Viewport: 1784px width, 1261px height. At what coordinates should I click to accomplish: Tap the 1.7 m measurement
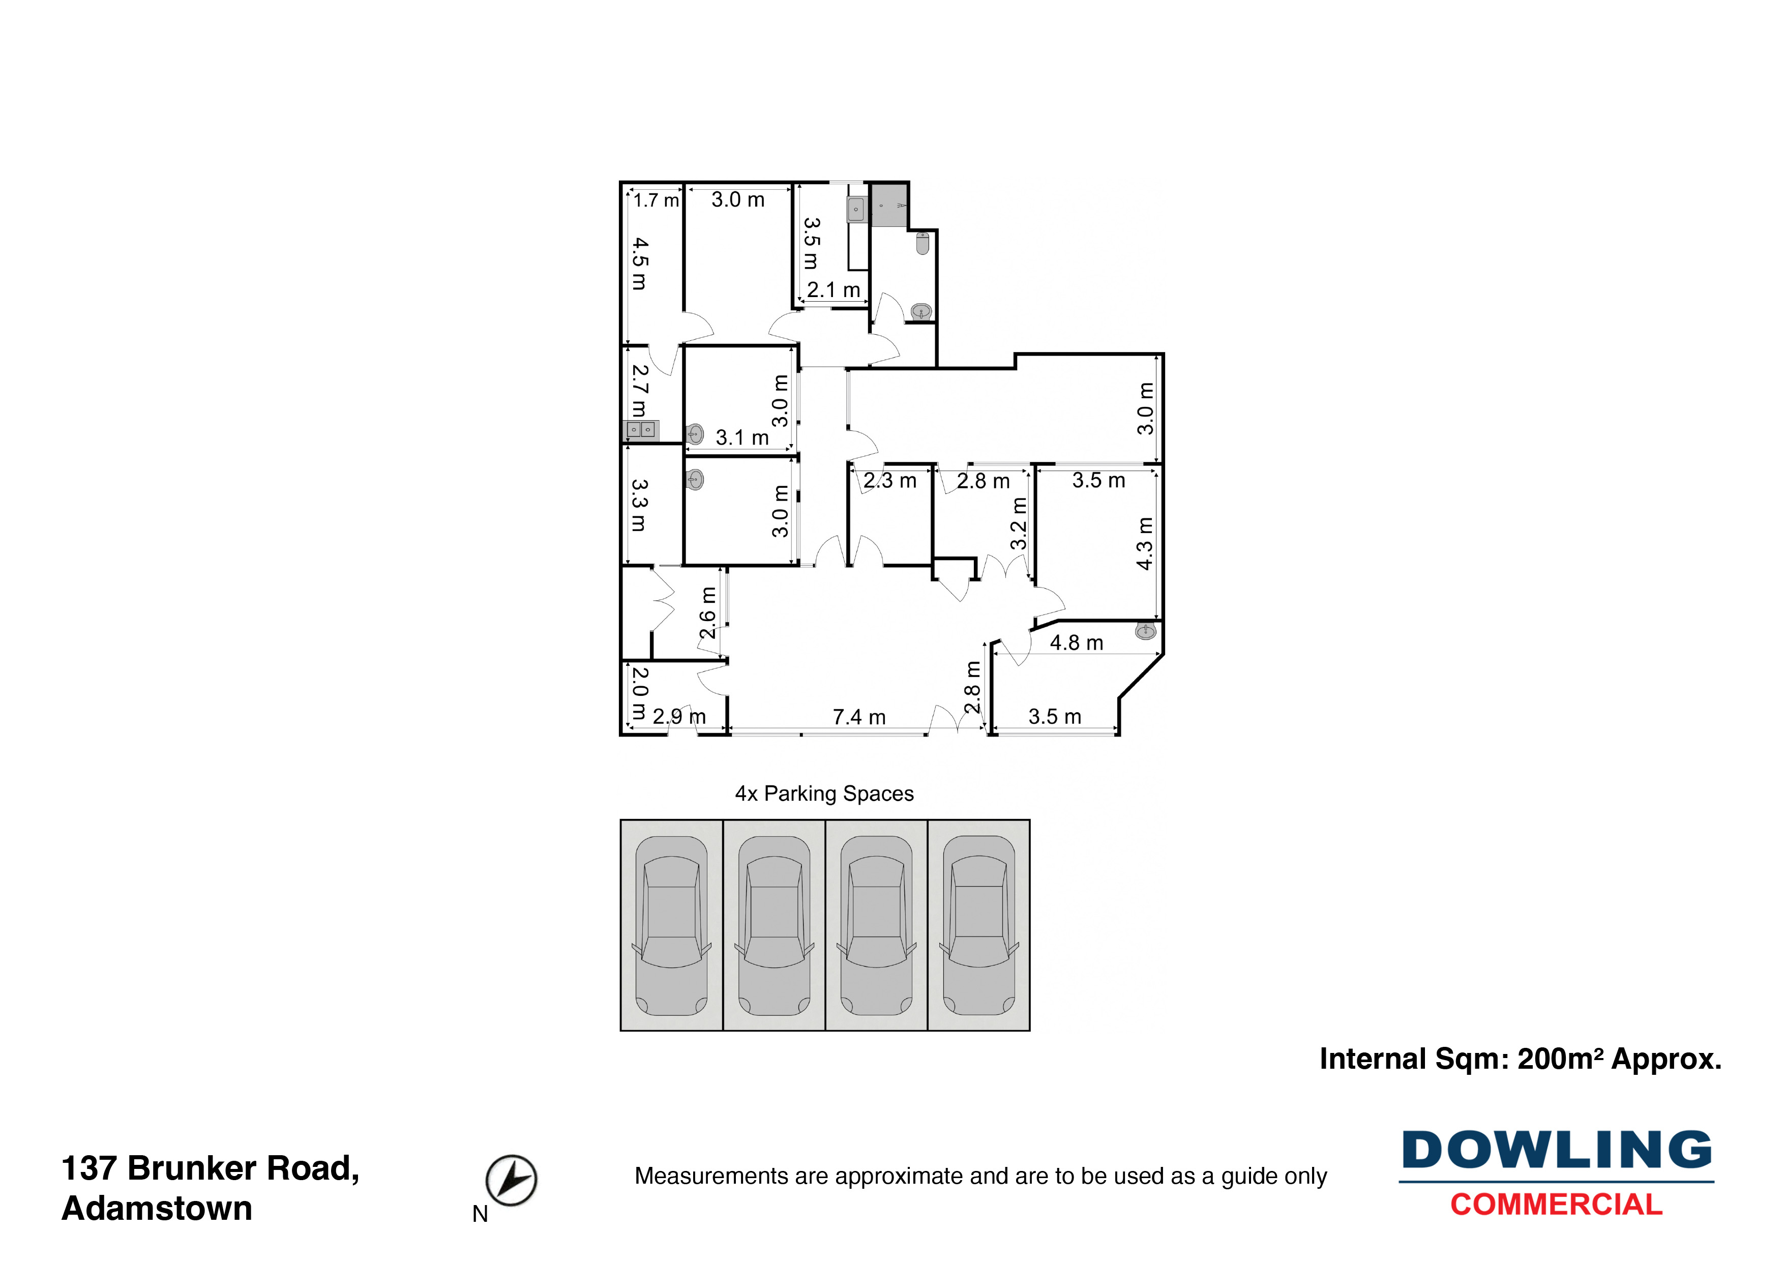[656, 200]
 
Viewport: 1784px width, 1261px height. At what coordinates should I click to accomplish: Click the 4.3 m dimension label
[1145, 543]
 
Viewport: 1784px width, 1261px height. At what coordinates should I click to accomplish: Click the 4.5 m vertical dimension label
[639, 263]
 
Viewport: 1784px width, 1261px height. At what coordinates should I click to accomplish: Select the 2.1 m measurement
[833, 290]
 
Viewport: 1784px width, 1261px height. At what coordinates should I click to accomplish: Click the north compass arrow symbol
[511, 1180]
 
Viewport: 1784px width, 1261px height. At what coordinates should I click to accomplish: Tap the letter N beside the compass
[480, 1214]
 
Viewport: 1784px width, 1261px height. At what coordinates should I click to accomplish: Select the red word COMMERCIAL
[1556, 1205]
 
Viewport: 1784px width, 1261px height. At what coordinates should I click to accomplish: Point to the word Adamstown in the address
[157, 1209]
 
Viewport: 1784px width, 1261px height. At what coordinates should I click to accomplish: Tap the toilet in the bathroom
[923, 243]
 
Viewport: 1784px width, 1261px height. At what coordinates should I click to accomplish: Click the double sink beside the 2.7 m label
[641, 430]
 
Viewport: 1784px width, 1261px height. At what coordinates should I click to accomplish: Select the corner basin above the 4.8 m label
[1145, 630]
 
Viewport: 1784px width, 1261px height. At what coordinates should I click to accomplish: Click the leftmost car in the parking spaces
[671, 925]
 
